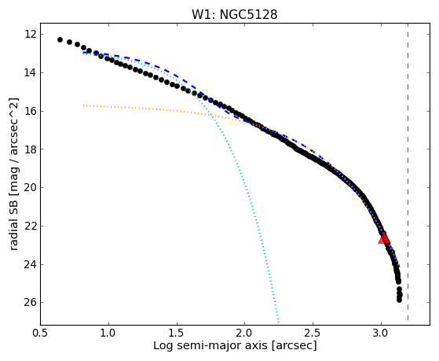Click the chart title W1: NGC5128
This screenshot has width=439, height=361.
(234, 14)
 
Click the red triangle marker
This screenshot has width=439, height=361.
(384, 238)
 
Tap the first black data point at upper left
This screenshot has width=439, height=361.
(60, 40)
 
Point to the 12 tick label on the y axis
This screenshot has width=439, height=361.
(31, 35)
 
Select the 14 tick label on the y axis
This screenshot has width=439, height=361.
(31, 73)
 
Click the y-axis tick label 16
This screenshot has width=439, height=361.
(31, 112)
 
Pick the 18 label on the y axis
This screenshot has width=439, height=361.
(31, 149)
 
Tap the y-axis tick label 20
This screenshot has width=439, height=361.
(31, 188)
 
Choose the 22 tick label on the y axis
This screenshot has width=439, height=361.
(31, 226)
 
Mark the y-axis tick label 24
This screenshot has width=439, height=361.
(31, 264)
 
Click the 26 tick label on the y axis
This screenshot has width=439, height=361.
(31, 302)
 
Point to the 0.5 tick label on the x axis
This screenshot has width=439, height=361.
(41, 333)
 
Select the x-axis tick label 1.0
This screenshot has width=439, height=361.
(108, 333)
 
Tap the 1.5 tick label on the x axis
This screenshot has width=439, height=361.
(177, 333)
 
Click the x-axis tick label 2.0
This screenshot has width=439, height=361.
(245, 333)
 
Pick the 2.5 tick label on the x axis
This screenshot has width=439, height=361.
(313, 333)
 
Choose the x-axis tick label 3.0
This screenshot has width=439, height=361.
(381, 333)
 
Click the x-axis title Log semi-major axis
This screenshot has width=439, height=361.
(210, 346)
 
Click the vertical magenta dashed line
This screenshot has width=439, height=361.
(408, 171)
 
